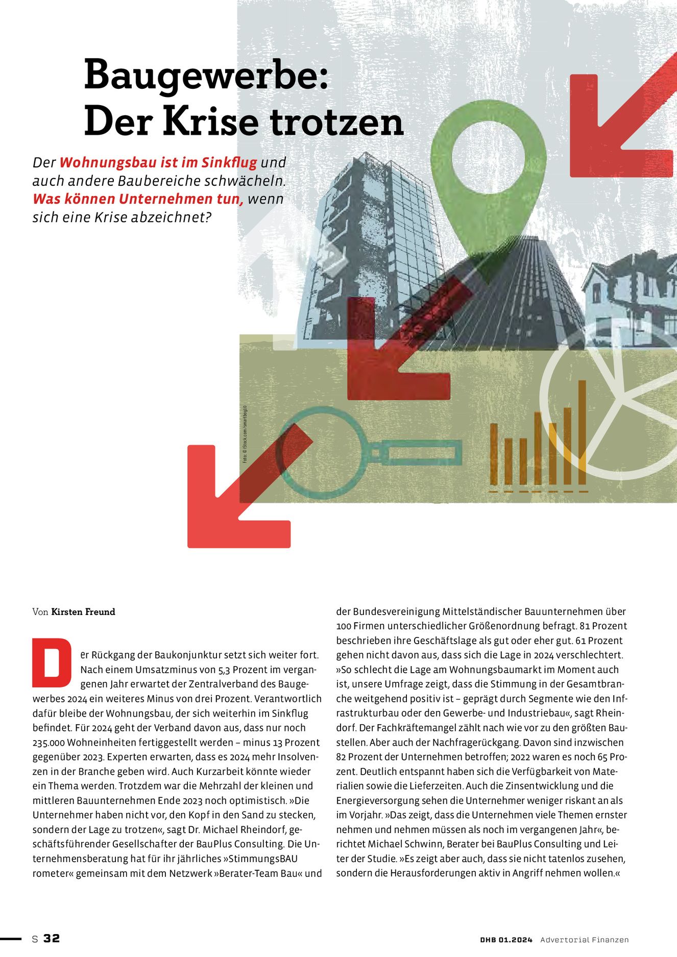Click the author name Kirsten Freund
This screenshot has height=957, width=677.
[83, 612]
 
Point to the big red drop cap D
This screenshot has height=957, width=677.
[52, 662]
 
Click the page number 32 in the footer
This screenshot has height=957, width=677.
[52, 939]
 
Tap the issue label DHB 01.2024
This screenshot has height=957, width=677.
[506, 940]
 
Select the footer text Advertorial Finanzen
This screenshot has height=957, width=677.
[584, 940]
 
